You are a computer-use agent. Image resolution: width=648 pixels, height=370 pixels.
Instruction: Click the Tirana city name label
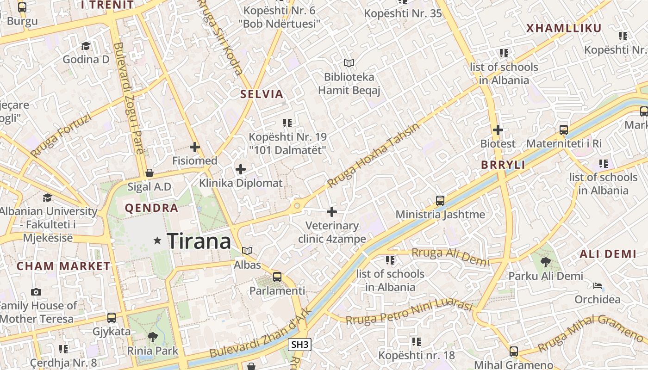(x=199, y=241)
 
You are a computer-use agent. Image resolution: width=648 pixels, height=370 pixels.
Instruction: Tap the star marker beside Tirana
(x=157, y=240)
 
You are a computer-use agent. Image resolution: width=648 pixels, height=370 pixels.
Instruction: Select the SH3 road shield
(x=299, y=345)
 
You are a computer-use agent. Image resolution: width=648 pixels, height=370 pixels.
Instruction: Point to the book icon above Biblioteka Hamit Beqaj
(x=349, y=63)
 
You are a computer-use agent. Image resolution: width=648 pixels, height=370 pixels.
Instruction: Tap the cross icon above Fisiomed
(x=195, y=148)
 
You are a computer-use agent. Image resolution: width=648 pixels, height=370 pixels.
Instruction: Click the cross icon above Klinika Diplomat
(x=241, y=169)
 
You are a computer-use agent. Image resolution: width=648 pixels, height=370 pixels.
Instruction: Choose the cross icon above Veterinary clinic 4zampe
(x=332, y=212)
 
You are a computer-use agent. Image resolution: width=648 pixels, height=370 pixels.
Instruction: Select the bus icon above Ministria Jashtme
(x=440, y=201)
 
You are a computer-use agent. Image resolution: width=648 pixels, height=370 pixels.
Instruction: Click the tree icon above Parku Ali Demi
(x=546, y=262)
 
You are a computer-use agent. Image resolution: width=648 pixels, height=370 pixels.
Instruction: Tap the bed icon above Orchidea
(x=598, y=286)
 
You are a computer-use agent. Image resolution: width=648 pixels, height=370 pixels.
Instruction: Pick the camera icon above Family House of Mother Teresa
(x=36, y=292)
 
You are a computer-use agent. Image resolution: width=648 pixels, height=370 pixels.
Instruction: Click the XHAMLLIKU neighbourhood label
(x=564, y=28)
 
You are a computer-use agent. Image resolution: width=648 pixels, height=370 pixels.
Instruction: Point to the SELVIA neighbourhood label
(x=262, y=94)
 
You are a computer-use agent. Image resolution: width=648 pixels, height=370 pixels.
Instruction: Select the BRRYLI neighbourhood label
(x=503, y=165)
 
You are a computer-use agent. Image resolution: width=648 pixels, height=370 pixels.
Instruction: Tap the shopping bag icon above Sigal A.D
(x=149, y=173)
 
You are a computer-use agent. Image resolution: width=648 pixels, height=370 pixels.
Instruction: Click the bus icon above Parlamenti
(x=277, y=277)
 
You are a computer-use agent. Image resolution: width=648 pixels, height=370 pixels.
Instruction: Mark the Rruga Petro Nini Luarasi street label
(x=409, y=313)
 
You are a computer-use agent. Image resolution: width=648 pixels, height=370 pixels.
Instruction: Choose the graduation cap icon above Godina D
(x=86, y=46)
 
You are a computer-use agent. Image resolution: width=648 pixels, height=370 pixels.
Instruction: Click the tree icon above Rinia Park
(x=152, y=337)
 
